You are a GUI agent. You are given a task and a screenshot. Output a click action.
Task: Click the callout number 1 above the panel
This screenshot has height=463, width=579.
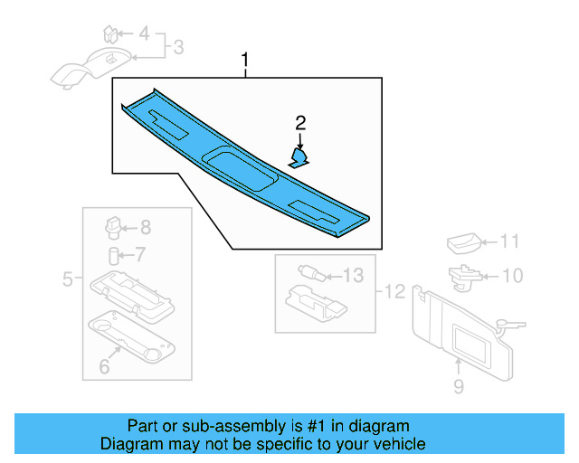click(245, 61)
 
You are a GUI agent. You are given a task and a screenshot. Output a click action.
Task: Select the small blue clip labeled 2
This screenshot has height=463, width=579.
click(299, 157)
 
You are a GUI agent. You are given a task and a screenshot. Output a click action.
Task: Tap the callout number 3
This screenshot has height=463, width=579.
click(178, 46)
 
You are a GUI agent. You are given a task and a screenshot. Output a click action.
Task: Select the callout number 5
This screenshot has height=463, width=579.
click(67, 280)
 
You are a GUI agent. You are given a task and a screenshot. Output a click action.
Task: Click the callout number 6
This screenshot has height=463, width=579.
click(103, 366)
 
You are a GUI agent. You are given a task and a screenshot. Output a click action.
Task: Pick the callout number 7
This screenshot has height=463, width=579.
click(140, 254)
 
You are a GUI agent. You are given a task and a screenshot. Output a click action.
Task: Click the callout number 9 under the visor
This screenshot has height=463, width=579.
click(458, 387)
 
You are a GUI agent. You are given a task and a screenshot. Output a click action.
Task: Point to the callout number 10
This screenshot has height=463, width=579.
click(512, 274)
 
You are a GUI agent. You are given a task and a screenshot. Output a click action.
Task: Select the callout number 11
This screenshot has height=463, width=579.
click(511, 242)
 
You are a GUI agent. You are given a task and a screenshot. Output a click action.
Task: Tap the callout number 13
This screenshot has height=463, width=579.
click(353, 275)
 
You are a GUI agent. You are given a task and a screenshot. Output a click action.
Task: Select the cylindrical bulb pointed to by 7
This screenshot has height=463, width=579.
click(114, 254)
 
